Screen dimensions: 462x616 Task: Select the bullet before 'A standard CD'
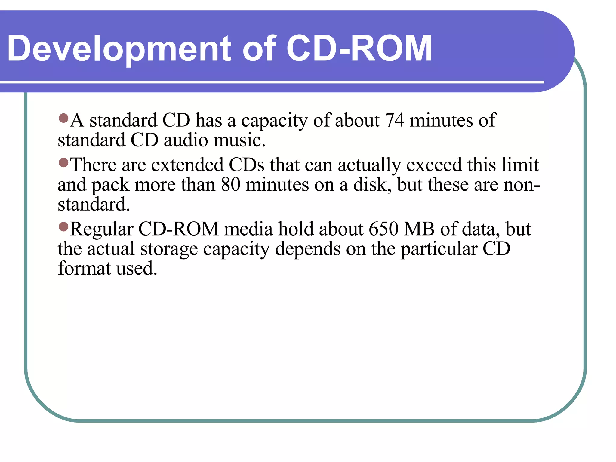point(63,118)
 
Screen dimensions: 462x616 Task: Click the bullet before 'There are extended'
point(63,163)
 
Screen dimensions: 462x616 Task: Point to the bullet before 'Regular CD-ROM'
point(63,227)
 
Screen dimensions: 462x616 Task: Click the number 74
point(394,120)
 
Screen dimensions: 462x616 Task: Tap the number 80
point(231,184)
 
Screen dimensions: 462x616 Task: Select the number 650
point(383,229)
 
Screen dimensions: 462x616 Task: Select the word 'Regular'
point(101,229)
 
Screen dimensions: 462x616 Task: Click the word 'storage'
point(169,249)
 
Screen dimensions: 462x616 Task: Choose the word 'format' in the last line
point(84,268)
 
